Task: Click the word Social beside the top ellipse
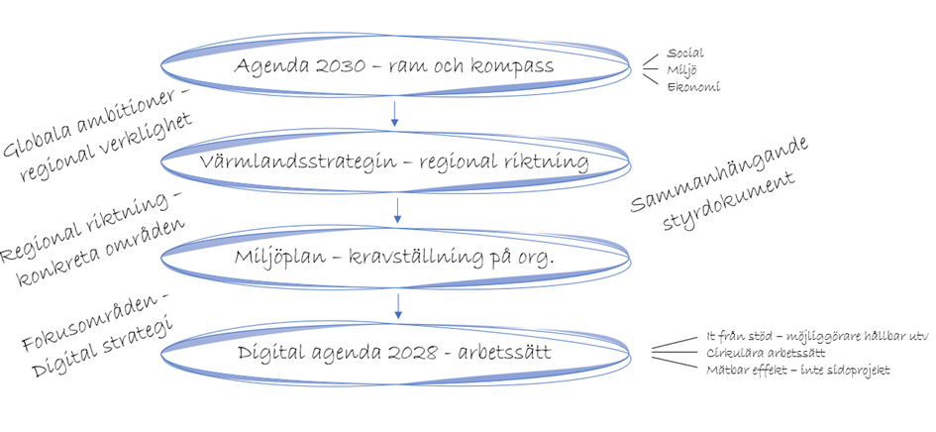coord(685,54)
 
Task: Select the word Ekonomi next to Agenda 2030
coord(693,87)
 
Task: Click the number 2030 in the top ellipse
coord(325,65)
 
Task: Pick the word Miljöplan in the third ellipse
coord(280,258)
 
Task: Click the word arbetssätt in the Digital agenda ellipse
coord(504,353)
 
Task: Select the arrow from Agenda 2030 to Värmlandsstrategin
coord(394,114)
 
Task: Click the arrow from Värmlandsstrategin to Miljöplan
coord(397,210)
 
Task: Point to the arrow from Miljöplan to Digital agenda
coord(398,305)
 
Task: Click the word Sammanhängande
coord(719,175)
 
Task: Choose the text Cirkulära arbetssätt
coord(766,353)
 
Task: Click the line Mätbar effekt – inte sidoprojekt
coord(797,371)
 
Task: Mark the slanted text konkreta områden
coord(100,252)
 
